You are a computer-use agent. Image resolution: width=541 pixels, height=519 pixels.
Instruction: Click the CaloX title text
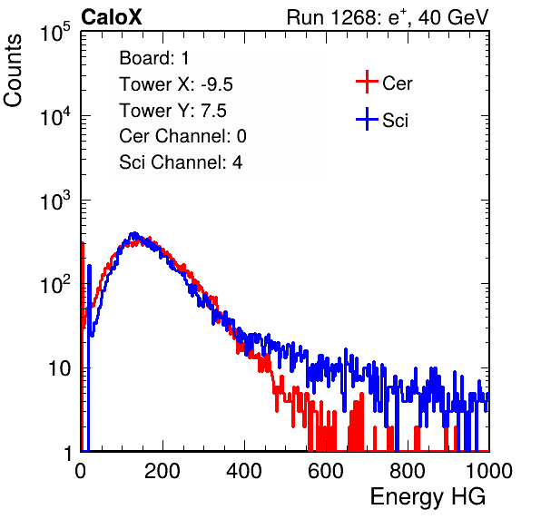click(112, 17)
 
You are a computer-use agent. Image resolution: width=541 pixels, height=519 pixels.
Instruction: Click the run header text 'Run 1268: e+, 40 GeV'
click(388, 17)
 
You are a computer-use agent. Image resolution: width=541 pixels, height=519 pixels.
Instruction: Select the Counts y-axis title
click(13, 71)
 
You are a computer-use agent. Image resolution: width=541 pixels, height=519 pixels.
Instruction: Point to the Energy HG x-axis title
click(428, 497)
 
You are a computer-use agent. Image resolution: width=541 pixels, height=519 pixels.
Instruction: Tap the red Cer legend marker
click(367, 82)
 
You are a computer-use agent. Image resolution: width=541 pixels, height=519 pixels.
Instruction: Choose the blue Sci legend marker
click(367, 120)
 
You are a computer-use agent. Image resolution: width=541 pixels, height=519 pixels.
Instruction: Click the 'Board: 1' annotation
click(154, 58)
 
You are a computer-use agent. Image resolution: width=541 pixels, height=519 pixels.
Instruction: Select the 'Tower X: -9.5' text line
click(176, 84)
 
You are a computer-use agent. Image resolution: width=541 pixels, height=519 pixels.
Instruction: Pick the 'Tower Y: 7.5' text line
click(172, 111)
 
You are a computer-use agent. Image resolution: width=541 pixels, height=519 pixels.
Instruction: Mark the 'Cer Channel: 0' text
click(182, 136)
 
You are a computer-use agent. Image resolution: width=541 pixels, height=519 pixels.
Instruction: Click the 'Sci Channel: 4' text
click(181, 162)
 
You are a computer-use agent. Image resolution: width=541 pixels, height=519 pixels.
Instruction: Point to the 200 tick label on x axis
click(162, 471)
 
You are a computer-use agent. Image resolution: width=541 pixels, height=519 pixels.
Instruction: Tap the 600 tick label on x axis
click(326, 471)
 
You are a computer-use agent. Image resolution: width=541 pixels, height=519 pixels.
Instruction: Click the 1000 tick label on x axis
click(489, 471)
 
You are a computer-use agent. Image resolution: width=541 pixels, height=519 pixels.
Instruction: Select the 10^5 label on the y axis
click(55, 33)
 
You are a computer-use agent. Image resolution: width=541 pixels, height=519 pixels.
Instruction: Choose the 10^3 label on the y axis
click(55, 201)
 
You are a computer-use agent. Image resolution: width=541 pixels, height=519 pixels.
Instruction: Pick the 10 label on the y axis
click(59, 368)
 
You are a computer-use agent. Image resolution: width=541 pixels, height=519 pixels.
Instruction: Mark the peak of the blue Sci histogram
click(134, 234)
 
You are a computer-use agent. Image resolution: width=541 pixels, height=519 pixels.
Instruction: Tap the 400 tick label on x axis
click(244, 471)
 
